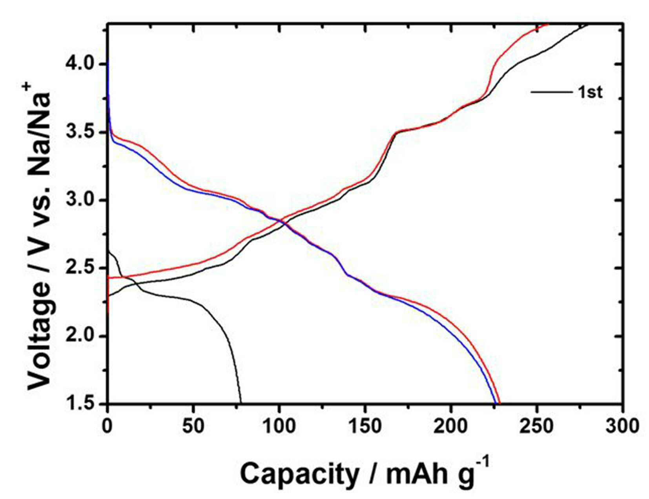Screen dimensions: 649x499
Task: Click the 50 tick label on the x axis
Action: point(193,427)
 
